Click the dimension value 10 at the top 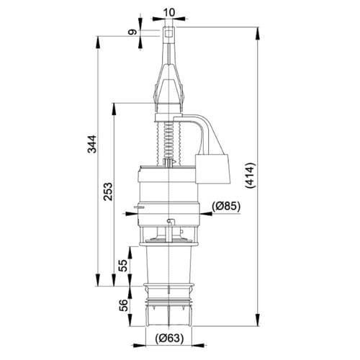(x=168, y=12)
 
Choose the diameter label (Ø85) (x=226, y=207)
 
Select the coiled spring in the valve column (x=168, y=141)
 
